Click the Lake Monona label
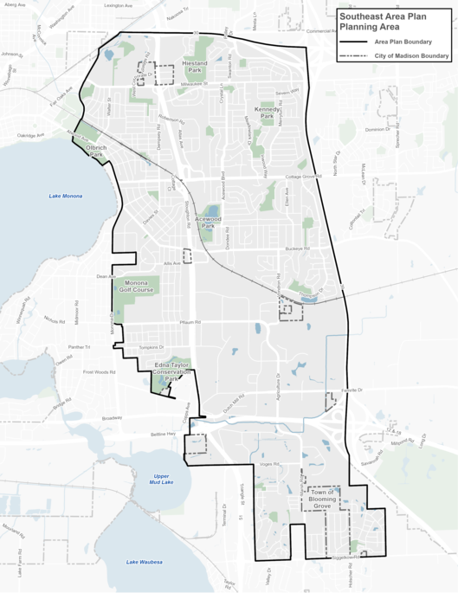tap(66, 197)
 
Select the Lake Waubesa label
tap(144, 562)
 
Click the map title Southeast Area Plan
tap(392, 21)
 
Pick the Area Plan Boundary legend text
tap(403, 42)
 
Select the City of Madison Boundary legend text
tap(411, 56)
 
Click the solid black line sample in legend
tap(354, 42)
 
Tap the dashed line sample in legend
tap(354, 56)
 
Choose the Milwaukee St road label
tap(201, 85)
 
